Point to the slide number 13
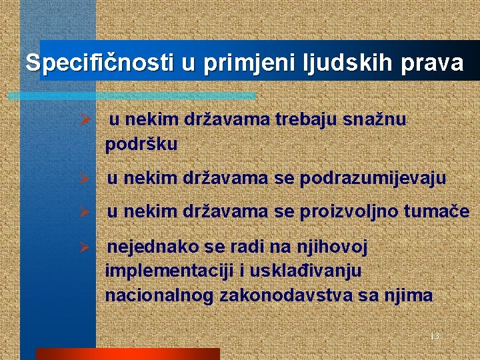[435, 336]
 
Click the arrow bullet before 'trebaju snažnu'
[85, 121]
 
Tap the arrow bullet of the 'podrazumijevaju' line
[85, 179]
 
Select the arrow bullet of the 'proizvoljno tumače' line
[85, 213]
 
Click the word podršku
[141, 145]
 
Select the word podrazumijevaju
[373, 179]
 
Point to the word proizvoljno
[347, 213]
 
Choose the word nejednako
[153, 247]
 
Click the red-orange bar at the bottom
[127, 354]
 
